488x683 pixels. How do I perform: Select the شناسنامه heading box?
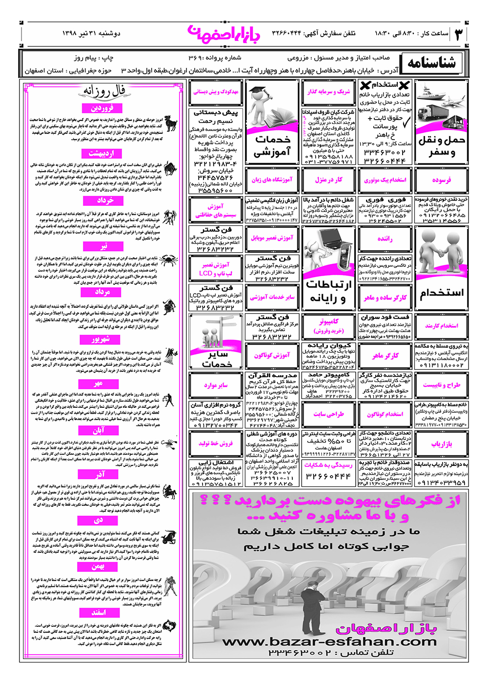pyautogui.click(x=432, y=63)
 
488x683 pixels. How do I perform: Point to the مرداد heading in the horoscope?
pyautogui.click(x=102, y=292)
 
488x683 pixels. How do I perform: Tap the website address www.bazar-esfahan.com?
pyautogui.click(x=329, y=642)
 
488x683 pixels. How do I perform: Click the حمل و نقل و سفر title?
pyautogui.click(x=442, y=146)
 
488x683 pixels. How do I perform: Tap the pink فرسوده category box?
pyautogui.click(x=441, y=180)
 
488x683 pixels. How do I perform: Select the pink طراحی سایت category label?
pyautogui.click(x=328, y=414)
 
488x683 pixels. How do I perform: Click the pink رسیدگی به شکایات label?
pyautogui.click(x=328, y=465)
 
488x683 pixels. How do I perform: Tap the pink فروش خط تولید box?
pyautogui.click(x=216, y=443)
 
